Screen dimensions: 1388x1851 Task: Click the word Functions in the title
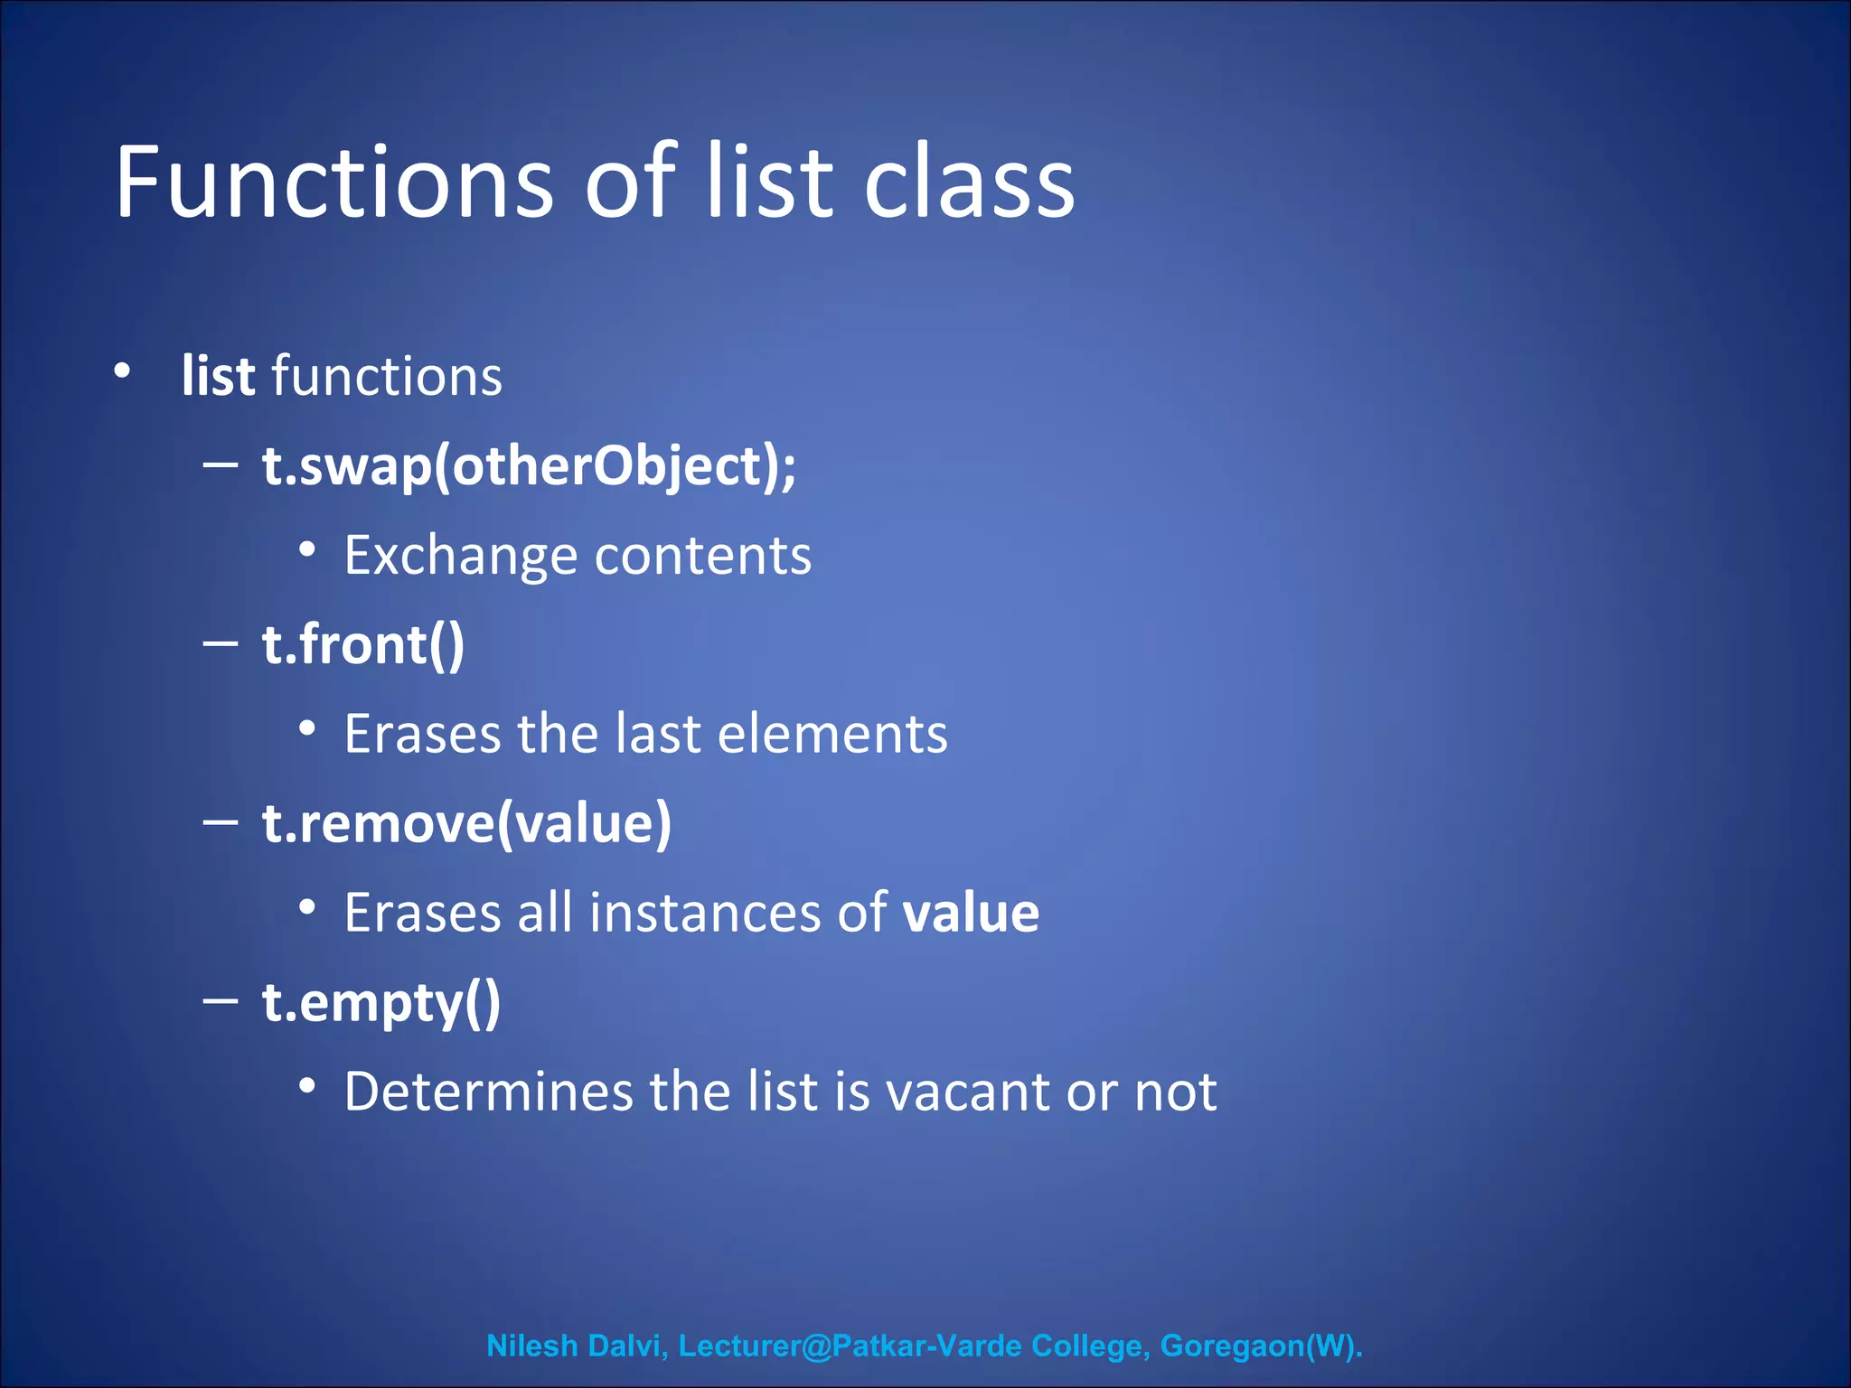334,183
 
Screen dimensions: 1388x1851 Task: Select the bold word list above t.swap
218,376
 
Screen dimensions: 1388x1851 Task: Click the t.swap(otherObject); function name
529,466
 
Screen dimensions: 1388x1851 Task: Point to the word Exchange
460,556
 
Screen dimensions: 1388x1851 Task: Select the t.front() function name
363,645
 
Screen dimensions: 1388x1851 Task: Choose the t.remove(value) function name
466,823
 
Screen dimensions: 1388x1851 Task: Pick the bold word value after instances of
971,913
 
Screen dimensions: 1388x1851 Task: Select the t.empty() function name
381,1003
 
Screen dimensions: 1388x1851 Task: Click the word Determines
488,1092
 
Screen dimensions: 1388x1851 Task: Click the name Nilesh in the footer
531,1346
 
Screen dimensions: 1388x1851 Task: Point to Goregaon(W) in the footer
1261,1346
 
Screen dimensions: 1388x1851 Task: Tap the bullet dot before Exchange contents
307,549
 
